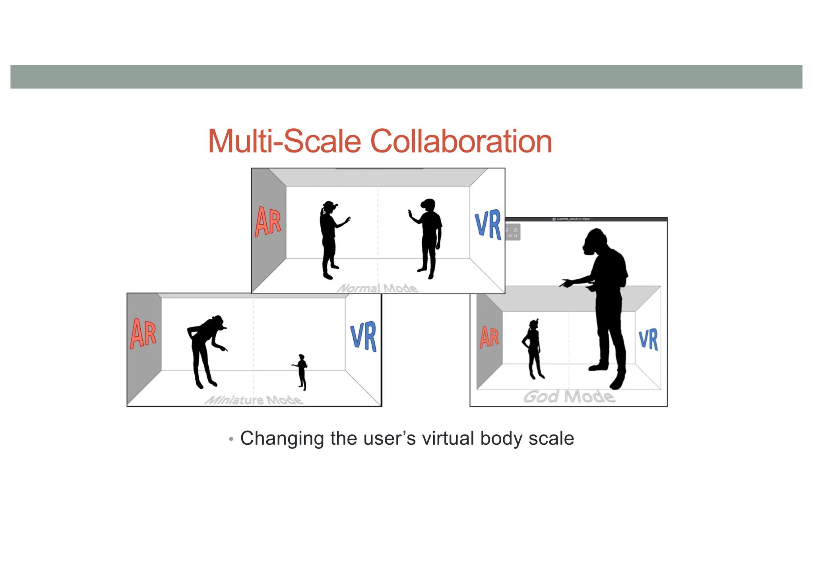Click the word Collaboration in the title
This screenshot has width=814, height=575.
(461, 142)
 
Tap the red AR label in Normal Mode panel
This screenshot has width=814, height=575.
(268, 222)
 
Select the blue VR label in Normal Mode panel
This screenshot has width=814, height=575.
(488, 224)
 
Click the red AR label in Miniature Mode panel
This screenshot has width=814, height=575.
(143, 333)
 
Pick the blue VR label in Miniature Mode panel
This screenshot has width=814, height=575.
(363, 336)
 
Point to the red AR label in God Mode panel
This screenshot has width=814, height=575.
(489, 337)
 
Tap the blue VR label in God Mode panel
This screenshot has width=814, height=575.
(648, 339)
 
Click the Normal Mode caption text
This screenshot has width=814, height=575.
(378, 288)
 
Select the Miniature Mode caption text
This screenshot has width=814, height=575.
(254, 400)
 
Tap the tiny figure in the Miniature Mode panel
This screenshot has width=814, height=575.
(302, 372)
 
